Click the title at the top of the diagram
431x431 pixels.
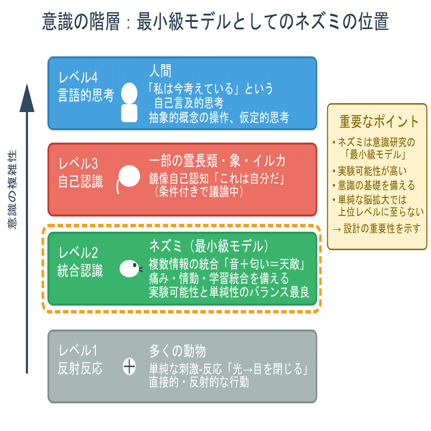coord(215,22)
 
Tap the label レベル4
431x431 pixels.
coord(78,77)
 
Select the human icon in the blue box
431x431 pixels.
coord(129,103)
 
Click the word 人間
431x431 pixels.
coord(160,71)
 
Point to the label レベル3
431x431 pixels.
coord(78,164)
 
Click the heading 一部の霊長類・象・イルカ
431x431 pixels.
coord(217,161)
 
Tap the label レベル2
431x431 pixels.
coord(78,253)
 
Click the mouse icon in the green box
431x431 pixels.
coord(130,268)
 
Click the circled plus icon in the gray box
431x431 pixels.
coord(129,367)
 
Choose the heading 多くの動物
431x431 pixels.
coord(177,351)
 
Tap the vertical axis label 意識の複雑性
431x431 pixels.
coord(13,190)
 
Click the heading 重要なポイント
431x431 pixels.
coord(379,121)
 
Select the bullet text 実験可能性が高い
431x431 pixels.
coord(372,171)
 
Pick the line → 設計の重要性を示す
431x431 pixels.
coord(376,228)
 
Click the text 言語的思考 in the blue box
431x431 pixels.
coord(86,96)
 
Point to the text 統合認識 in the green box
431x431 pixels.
coord(80,271)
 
